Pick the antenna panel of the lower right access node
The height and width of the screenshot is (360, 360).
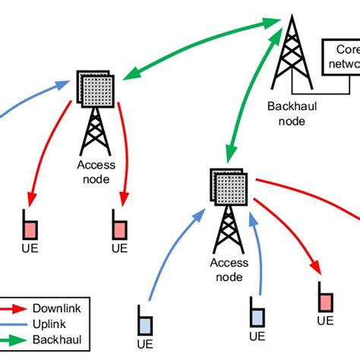point(229,186)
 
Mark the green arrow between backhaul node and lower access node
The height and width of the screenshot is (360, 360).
point(254,99)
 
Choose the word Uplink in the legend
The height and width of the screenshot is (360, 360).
point(52,324)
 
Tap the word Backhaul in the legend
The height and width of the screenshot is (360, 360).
point(57,339)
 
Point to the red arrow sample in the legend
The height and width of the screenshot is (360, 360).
point(16,308)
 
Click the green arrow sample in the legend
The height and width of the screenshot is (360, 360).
point(16,339)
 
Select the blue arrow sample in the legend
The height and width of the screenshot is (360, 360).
point(16,324)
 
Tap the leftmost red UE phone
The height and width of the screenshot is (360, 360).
point(30,226)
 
